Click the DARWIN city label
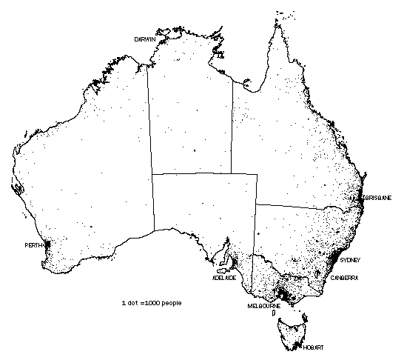click(x=145, y=39)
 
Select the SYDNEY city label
click(x=349, y=261)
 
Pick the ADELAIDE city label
click(x=224, y=278)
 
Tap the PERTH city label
click(x=33, y=244)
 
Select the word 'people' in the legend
click(x=170, y=303)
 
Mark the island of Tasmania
click(x=297, y=330)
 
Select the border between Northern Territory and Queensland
click(x=232, y=126)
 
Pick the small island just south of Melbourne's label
click(x=275, y=314)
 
